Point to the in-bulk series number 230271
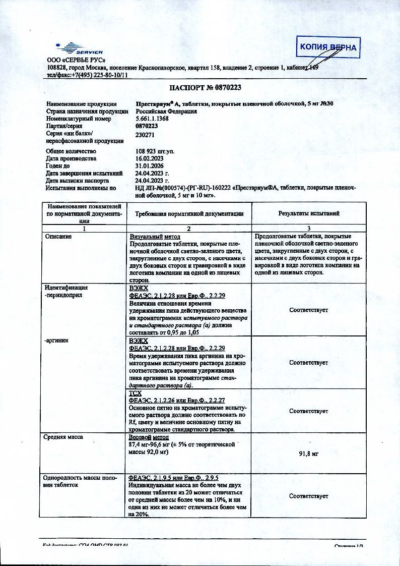click(x=146, y=135)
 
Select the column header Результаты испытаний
click(x=309, y=213)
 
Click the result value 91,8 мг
click(x=309, y=454)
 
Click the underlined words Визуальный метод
click(x=152, y=237)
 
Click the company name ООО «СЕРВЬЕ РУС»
click(x=73, y=61)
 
